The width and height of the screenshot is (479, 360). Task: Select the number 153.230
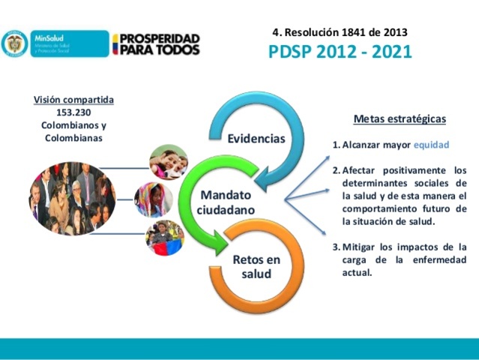73,112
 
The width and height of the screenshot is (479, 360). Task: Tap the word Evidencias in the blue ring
256,139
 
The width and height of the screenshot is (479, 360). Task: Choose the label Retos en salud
256,267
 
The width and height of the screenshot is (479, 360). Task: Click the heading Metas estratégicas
400,118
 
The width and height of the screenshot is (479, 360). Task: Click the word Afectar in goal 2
365,169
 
